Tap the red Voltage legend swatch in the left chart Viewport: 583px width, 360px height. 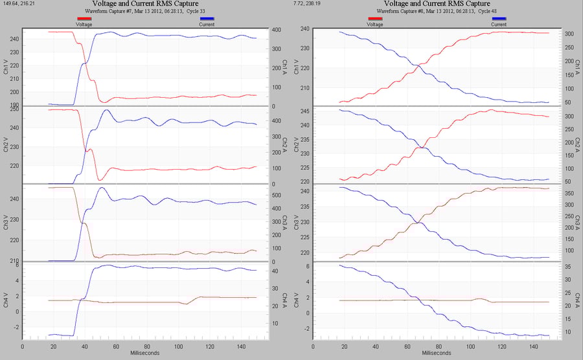pyautogui.click(x=84, y=19)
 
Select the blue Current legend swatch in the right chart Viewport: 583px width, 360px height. pyautogui.click(x=499, y=19)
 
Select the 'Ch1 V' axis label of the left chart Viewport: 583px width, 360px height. pyautogui.click(x=6, y=66)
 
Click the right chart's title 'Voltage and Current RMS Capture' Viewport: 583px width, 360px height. pyautogui.click(x=436, y=4)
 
